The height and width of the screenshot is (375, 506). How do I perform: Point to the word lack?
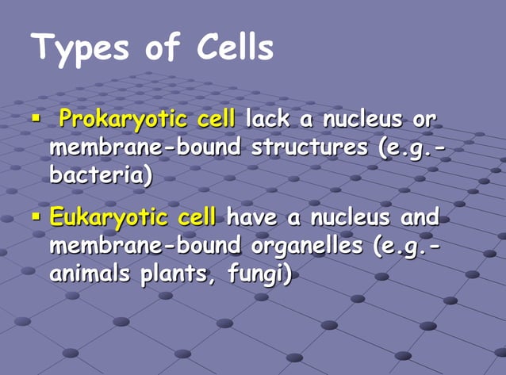266,120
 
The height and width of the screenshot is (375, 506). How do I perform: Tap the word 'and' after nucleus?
420,217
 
